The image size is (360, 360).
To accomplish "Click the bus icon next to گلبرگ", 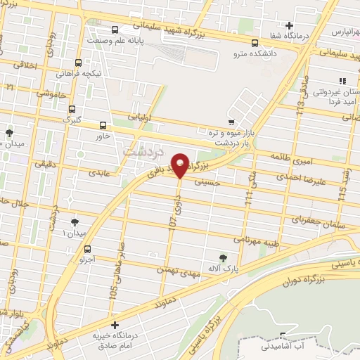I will [x=71, y=109].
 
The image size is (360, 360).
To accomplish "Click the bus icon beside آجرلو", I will [x=88, y=249].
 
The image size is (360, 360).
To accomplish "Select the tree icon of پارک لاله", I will [x=224, y=258].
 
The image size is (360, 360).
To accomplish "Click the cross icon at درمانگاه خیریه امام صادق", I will [x=115, y=324].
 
